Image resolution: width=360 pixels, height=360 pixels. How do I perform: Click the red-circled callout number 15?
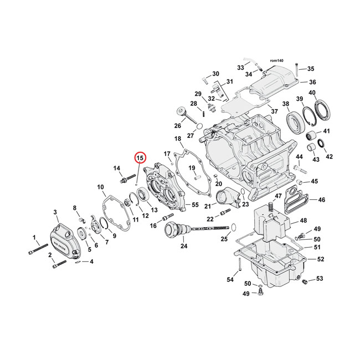point(140,158)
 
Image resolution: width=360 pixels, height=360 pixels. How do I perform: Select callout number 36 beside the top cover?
point(312,82)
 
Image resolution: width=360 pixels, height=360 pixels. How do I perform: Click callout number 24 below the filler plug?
point(184,245)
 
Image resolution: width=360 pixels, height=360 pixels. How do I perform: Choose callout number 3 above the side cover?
point(55,212)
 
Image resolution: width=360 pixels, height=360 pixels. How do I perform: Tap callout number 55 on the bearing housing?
point(195,205)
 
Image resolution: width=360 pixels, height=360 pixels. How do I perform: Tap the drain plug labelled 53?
point(304,283)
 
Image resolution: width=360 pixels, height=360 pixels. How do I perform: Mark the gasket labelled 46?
point(303,200)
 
